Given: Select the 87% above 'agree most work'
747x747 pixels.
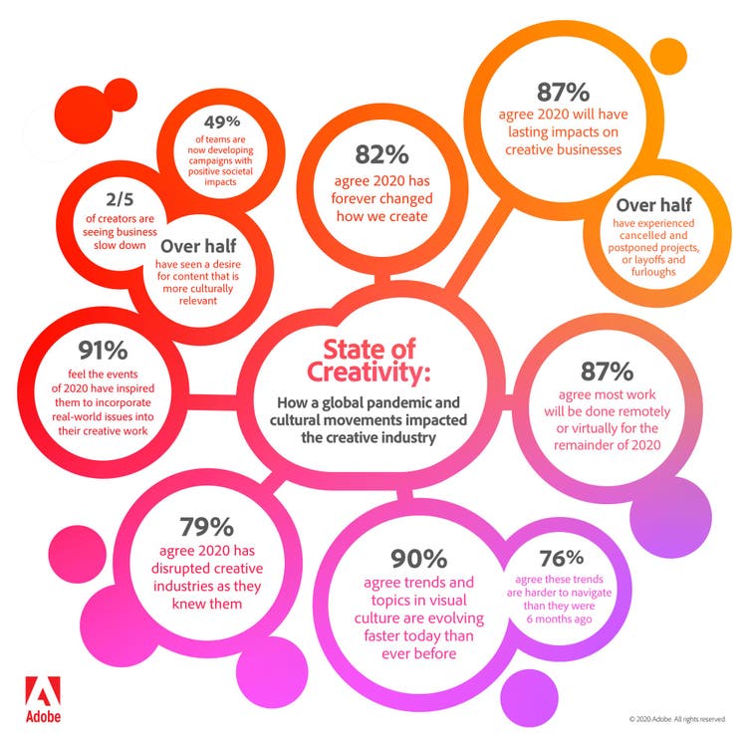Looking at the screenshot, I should (607, 371).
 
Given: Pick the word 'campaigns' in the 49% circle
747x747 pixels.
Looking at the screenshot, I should (215, 157).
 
